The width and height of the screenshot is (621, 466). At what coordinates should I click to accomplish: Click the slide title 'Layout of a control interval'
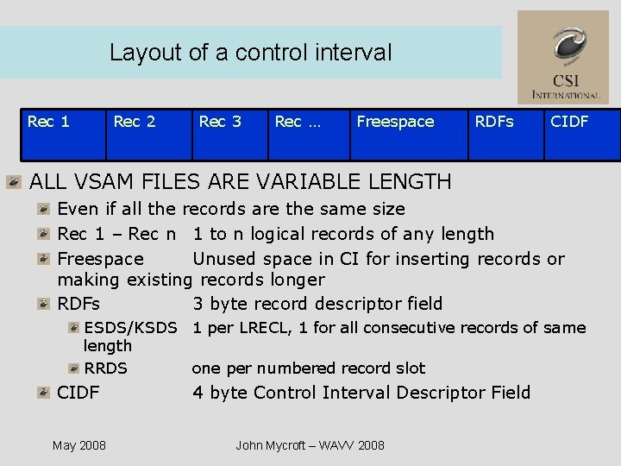tap(250, 53)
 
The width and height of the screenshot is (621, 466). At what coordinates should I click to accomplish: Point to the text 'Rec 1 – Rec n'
tap(116, 234)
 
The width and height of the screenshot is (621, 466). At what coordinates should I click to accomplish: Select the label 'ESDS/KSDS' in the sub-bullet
tap(129, 328)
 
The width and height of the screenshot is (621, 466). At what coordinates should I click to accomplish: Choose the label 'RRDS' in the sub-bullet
tap(105, 368)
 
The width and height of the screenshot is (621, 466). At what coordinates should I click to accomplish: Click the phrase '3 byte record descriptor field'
tap(317, 304)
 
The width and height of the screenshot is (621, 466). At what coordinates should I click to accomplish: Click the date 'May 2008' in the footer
tap(79, 445)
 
